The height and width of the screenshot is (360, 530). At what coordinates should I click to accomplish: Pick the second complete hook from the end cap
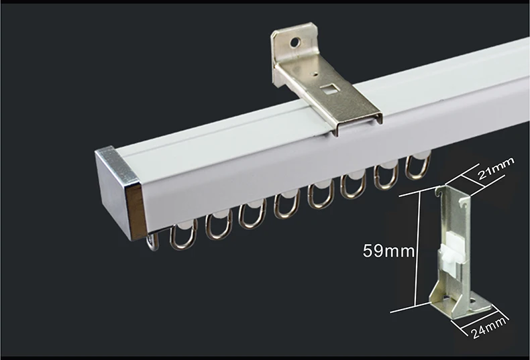pos(218,225)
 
